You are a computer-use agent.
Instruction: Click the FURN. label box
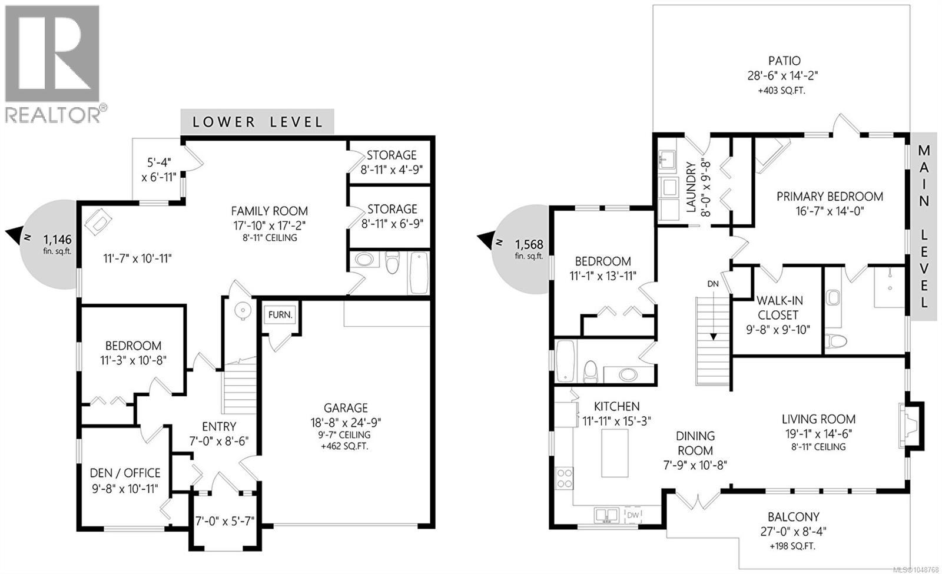click(280, 314)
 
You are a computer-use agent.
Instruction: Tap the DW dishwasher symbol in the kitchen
click(633, 515)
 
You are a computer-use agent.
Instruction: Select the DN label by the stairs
click(713, 284)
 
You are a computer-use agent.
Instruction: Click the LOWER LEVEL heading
click(257, 122)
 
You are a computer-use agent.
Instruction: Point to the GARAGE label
click(346, 407)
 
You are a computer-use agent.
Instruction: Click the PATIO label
click(784, 61)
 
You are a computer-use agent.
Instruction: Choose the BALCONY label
click(794, 516)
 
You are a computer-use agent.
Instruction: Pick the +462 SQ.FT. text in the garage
click(345, 446)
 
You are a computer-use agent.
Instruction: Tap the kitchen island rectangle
click(615, 453)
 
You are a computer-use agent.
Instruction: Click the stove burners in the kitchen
click(564, 478)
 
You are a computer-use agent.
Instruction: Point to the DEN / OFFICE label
click(125, 473)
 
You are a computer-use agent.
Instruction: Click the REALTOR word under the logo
click(52, 114)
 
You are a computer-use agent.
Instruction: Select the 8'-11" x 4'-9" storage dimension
click(392, 170)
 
